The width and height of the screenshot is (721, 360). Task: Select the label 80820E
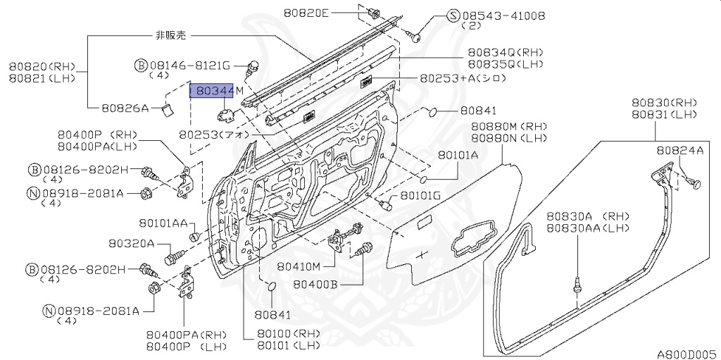pos(306,13)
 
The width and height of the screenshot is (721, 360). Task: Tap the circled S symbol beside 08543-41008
pos(453,15)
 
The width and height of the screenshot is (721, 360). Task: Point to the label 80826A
pos(125,108)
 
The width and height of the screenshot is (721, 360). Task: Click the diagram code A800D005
pos(687,354)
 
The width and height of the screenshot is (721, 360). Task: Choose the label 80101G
pos(420,196)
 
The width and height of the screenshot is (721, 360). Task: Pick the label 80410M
pos(299,266)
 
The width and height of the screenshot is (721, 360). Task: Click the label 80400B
pos(315,285)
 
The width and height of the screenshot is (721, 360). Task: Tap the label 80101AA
pos(163,223)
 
